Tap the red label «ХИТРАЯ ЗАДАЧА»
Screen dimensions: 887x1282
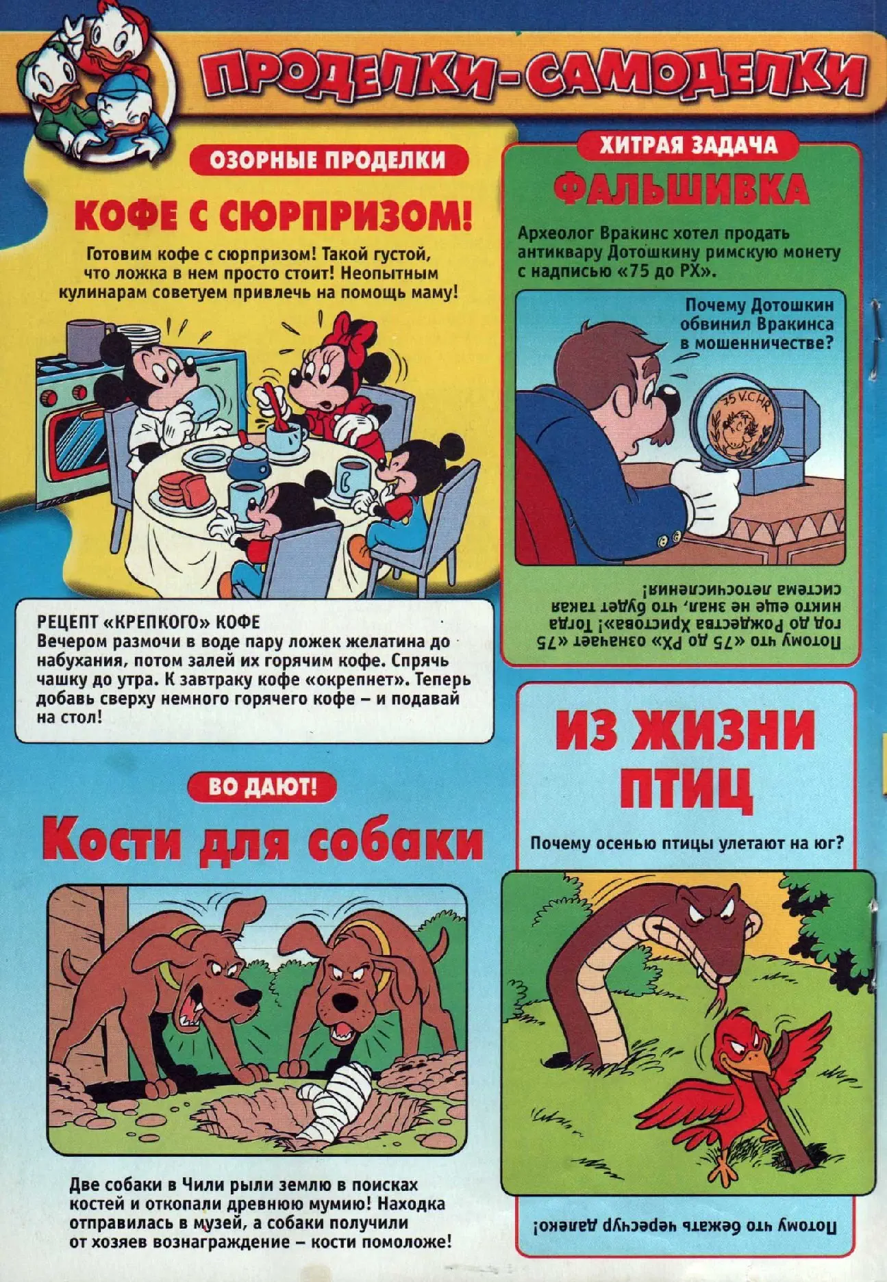(688, 144)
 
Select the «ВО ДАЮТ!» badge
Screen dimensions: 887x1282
(262, 786)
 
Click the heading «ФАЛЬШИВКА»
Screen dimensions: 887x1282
(681, 189)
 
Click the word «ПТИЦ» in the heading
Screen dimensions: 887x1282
(686, 789)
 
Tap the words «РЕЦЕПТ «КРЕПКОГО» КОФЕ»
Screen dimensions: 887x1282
(149, 622)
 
